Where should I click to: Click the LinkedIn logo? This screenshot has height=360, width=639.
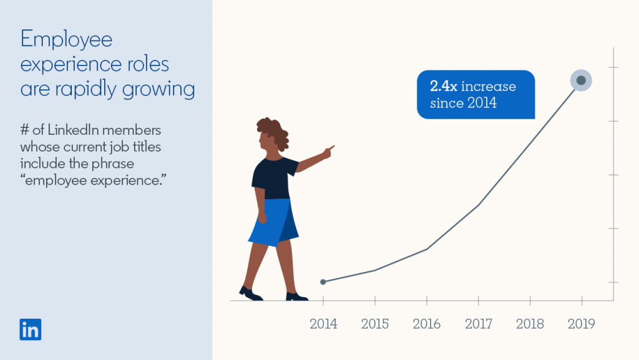coord(30,329)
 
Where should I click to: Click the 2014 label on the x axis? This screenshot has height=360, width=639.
coord(323,324)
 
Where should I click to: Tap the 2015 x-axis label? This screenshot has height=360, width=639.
coord(375,324)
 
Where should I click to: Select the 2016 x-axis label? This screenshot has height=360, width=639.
coord(427,324)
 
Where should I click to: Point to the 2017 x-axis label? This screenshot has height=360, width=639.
coord(479,324)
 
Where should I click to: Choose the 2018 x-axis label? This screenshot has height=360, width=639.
coord(530,324)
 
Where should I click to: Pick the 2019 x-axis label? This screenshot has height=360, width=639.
coord(582,324)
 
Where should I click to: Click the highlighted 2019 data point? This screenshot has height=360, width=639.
coord(581,80)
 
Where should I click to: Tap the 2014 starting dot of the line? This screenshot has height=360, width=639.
coord(323,282)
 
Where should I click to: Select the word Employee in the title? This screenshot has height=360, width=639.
coord(66,41)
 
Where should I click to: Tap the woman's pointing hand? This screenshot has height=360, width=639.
coord(328,150)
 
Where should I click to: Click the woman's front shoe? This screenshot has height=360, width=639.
coord(296,296)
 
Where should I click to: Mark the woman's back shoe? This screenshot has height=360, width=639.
coord(250,293)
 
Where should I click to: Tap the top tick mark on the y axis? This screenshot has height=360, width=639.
coord(614,67)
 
